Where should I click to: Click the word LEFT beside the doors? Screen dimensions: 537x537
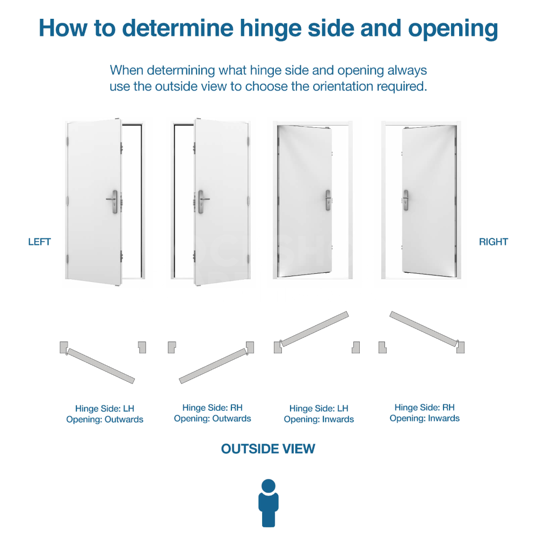[x=39, y=242]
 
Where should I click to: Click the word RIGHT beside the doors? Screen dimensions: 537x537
[x=493, y=242]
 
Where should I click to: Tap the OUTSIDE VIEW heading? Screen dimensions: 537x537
[x=268, y=448]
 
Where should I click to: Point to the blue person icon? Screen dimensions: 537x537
[x=268, y=503]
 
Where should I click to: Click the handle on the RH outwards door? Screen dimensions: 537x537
[x=202, y=202]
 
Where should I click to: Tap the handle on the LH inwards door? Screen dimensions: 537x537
[x=328, y=200]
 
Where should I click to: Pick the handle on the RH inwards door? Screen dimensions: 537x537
[x=406, y=200]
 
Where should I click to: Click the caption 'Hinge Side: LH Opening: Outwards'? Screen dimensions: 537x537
[x=105, y=413]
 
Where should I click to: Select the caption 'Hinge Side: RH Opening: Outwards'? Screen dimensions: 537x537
[x=212, y=413]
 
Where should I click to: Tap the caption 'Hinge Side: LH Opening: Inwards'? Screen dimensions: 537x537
[x=319, y=413]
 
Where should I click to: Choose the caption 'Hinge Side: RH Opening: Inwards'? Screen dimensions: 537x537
[x=425, y=412]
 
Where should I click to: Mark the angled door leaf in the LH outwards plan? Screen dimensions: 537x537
[x=101, y=366]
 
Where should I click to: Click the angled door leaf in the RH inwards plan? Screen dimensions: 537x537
[x=424, y=329]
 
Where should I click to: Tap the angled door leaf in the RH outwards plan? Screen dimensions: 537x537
[x=213, y=366]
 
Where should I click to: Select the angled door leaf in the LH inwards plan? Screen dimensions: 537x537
[x=314, y=329]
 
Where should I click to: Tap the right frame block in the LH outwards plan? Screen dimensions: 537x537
[x=142, y=347]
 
